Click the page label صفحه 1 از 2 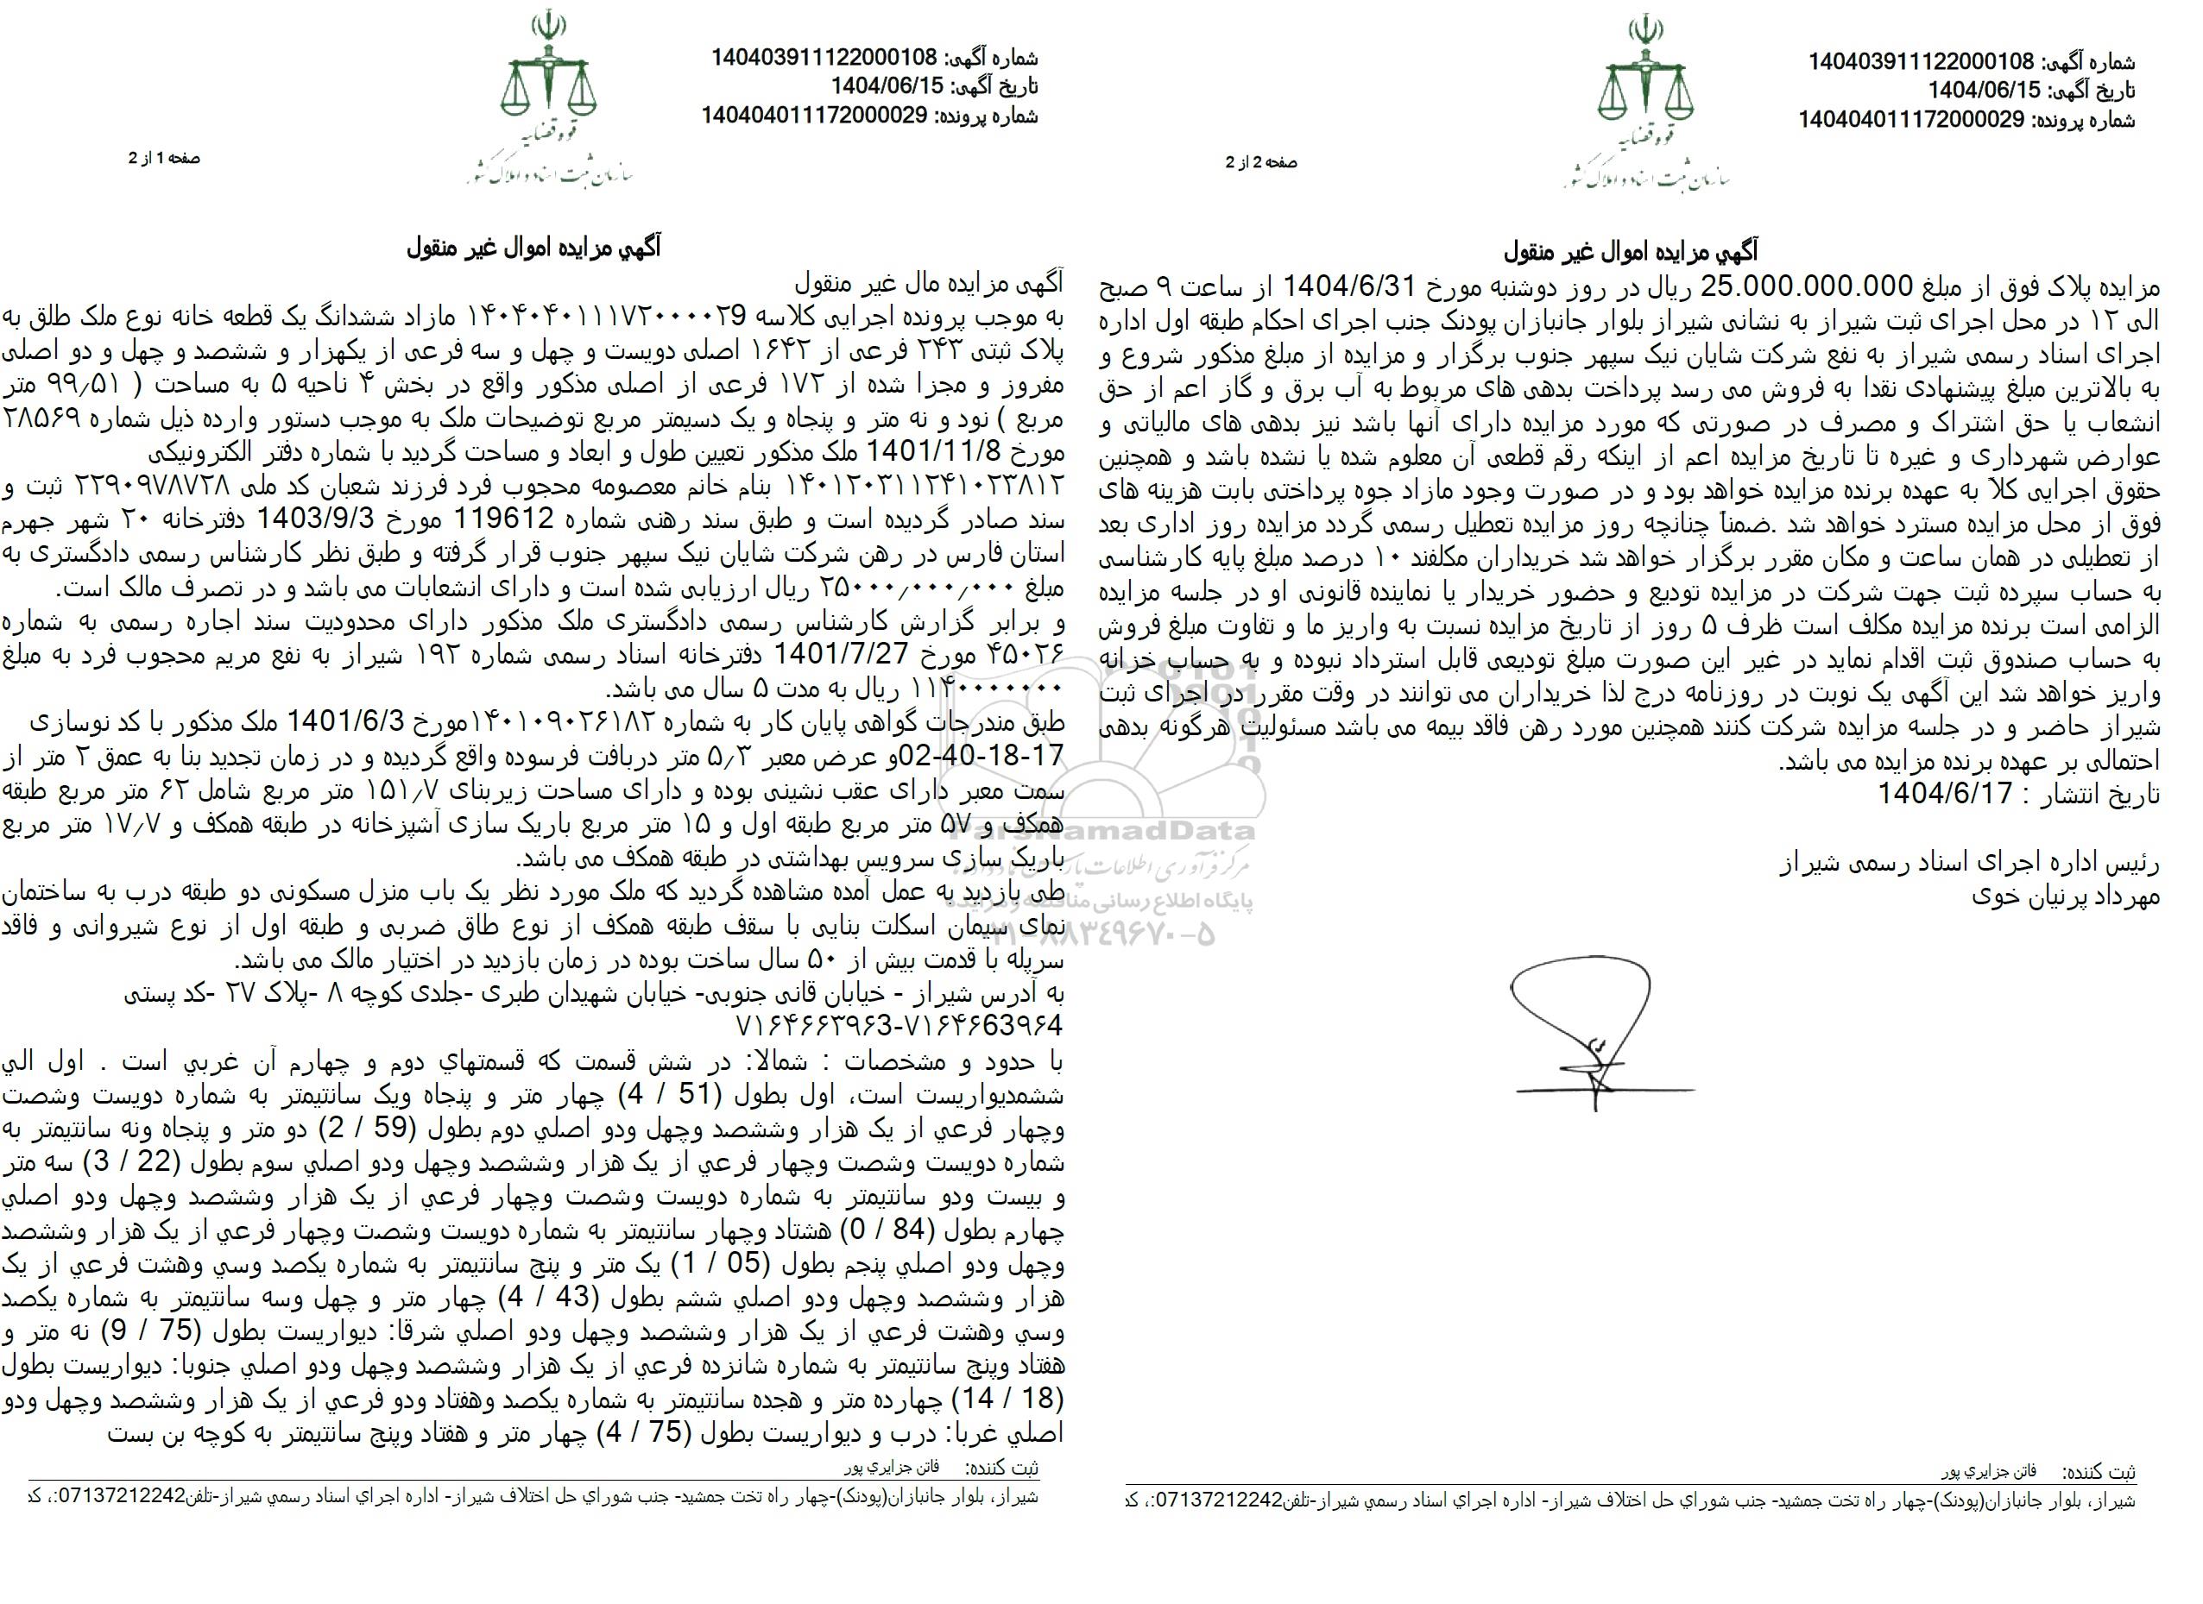[x=164, y=158]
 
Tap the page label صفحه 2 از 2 [x=1261, y=163]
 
